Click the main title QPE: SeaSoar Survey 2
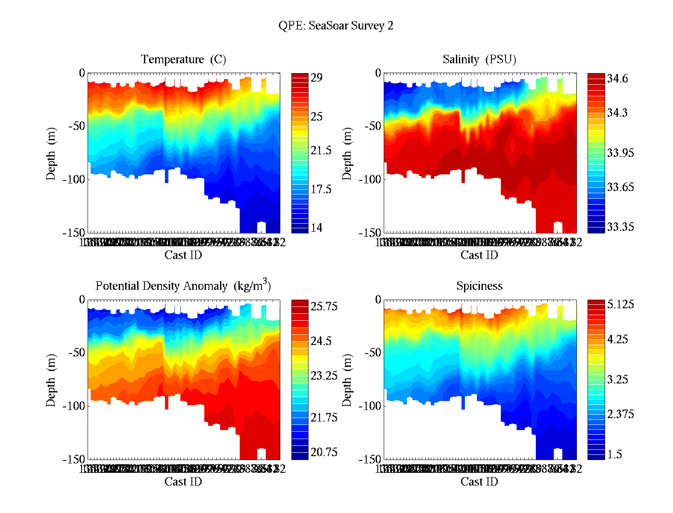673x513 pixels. (x=336, y=26)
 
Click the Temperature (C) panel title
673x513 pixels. (x=183, y=59)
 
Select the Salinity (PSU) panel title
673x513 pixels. (x=479, y=59)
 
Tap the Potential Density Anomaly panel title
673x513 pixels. (x=183, y=286)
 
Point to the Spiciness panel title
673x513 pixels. (x=479, y=286)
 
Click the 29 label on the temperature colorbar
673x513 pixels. (x=317, y=78)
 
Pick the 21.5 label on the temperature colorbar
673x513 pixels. (x=321, y=150)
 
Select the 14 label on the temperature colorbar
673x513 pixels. (x=317, y=228)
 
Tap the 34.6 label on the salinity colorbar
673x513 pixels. (x=617, y=79)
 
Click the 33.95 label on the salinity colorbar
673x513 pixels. (x=620, y=153)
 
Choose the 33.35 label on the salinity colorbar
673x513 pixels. (x=620, y=227)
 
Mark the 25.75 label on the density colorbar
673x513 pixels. (x=324, y=307)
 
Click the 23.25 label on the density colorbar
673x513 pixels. (x=324, y=376)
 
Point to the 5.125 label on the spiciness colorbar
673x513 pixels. (x=620, y=305)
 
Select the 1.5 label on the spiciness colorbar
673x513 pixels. (x=614, y=454)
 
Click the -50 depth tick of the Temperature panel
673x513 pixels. (x=77, y=126)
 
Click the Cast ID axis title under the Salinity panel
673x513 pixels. (x=479, y=255)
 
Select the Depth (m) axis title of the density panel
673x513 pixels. (x=51, y=380)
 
